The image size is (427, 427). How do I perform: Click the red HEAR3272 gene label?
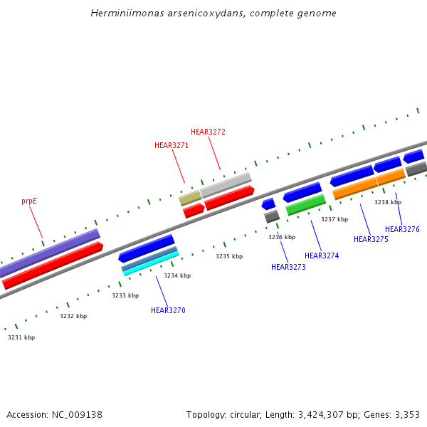[208, 132]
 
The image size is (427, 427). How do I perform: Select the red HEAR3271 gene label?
[172, 145]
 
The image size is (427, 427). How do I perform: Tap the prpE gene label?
[29, 201]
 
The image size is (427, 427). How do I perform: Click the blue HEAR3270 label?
[168, 310]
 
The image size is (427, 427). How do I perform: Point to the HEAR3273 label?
[288, 267]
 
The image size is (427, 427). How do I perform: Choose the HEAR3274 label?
[322, 255]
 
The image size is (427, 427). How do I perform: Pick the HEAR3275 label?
[371, 239]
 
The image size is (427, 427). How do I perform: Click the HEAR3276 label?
[402, 229]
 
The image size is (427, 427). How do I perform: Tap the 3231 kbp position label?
[21, 337]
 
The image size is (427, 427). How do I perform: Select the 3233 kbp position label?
[125, 295]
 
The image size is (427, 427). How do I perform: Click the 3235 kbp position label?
[229, 256]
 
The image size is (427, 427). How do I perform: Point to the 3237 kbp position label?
[334, 219]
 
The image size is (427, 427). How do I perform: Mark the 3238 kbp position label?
[388, 202]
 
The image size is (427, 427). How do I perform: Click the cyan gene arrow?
[150, 262]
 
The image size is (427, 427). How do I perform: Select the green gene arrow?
[306, 205]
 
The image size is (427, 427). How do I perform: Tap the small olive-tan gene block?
[190, 197]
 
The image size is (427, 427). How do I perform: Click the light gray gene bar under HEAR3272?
[226, 184]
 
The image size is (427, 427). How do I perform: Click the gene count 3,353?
[407, 414]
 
